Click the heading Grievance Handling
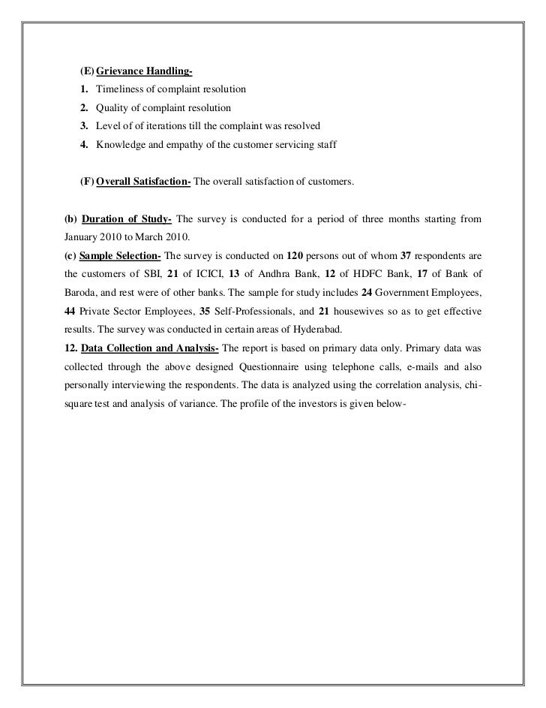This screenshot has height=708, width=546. pos(144,72)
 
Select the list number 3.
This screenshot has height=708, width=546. pos(85,125)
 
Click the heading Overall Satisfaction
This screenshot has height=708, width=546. pos(144,182)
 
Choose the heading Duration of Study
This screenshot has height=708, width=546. pos(126,219)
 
